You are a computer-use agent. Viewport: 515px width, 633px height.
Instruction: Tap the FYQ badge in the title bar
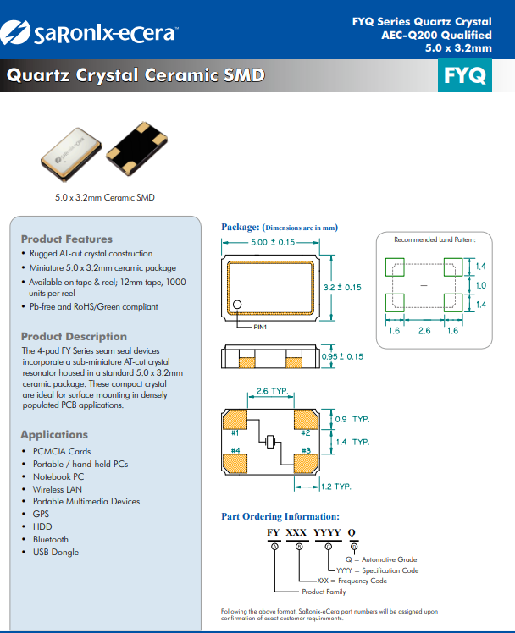click(x=464, y=76)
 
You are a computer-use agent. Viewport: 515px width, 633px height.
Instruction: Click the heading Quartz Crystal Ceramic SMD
click(x=136, y=75)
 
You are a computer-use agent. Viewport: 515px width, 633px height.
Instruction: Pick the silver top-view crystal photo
click(x=72, y=155)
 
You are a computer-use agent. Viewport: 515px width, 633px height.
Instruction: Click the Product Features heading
click(x=66, y=239)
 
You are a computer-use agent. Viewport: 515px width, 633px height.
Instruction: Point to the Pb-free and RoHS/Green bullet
click(x=93, y=306)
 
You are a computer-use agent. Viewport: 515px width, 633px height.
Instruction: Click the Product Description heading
click(x=74, y=336)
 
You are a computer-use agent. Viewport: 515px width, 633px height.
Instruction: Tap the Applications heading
click(x=54, y=434)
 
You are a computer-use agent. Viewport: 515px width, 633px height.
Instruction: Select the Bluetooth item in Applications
click(x=51, y=539)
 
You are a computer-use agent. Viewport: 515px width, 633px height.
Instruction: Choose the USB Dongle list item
click(x=55, y=552)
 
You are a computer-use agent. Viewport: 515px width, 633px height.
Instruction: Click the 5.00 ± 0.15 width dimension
click(x=273, y=242)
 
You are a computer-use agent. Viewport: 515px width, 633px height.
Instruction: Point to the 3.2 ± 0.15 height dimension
click(x=342, y=287)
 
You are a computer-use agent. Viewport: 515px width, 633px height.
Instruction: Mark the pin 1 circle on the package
click(x=238, y=305)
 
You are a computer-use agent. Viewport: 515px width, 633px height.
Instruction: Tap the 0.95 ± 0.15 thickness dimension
click(x=342, y=356)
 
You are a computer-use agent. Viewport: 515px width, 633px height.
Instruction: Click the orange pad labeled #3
click(x=306, y=460)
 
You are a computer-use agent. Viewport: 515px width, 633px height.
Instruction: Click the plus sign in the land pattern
click(x=424, y=286)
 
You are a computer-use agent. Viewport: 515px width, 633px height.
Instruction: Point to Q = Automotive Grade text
click(x=380, y=559)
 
